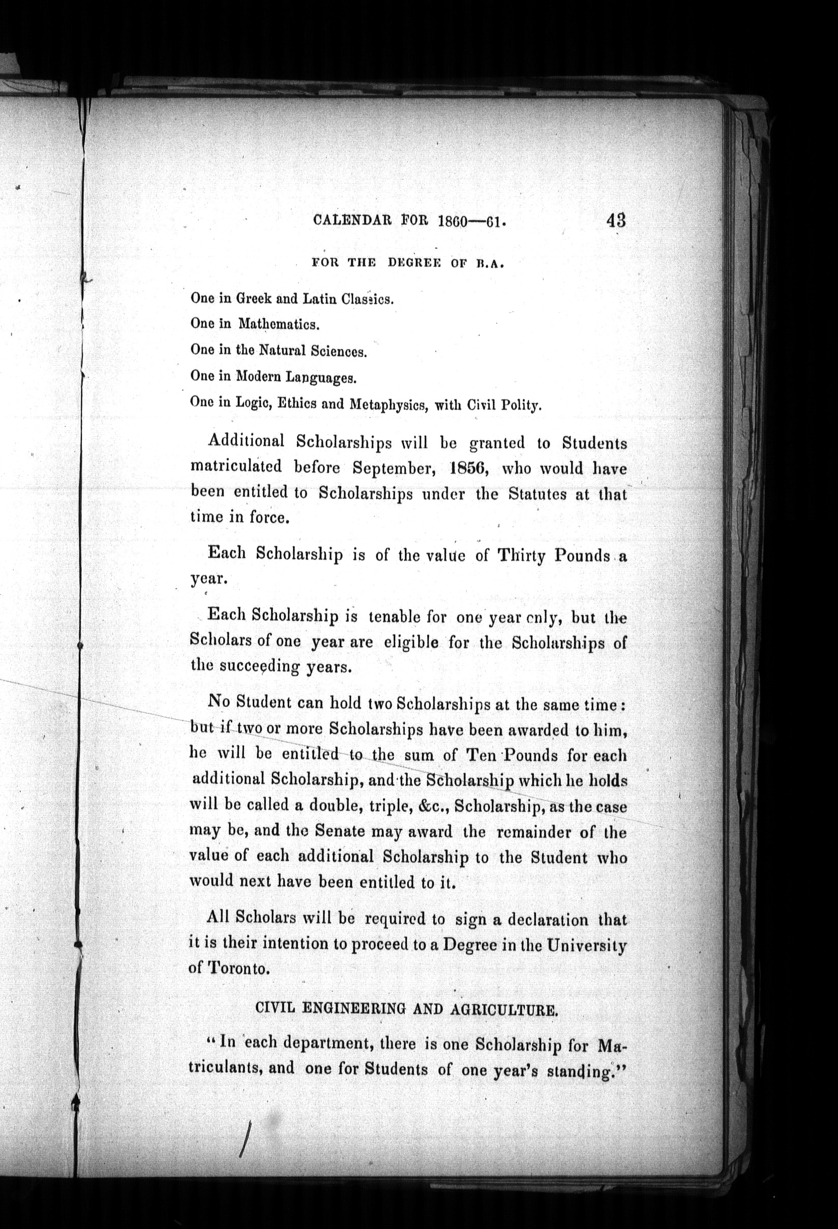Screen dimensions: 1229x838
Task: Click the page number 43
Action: tap(616, 219)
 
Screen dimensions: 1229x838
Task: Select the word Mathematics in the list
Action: tap(279, 323)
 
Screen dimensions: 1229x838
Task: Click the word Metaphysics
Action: tap(388, 405)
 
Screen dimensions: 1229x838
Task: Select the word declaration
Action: tap(548, 920)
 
